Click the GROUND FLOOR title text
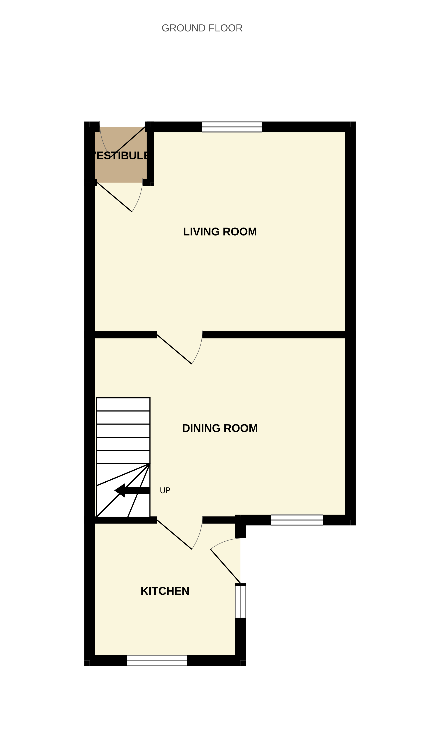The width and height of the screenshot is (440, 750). pyautogui.click(x=202, y=28)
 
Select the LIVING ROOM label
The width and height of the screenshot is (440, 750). pyautogui.click(x=220, y=232)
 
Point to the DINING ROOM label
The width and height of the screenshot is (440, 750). pyautogui.click(x=220, y=428)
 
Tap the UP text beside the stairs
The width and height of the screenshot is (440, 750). pyautogui.click(x=165, y=490)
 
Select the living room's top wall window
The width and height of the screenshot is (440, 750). pyautogui.click(x=232, y=127)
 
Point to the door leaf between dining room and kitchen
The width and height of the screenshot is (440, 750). pyautogui.click(x=174, y=535)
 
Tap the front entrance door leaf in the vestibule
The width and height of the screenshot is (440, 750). pyautogui.click(x=128, y=141)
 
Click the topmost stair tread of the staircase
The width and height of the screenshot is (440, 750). pyautogui.click(x=123, y=404)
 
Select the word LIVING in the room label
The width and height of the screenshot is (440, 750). pyautogui.click(x=201, y=232)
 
